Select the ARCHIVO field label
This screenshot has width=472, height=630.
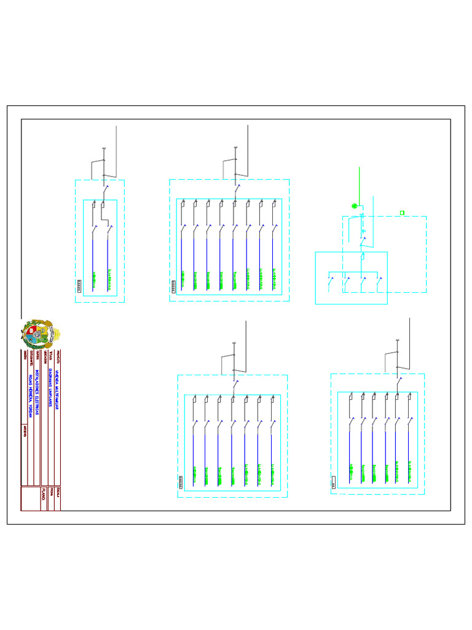[25, 430]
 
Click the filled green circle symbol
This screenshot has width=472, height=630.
[353, 206]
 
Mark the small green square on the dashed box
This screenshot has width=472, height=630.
[402, 213]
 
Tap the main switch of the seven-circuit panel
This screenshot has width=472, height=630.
[235, 384]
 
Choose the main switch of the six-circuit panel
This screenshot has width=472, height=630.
[398, 382]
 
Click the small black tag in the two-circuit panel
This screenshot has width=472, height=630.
[82, 284]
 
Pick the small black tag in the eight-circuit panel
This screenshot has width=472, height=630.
[177, 285]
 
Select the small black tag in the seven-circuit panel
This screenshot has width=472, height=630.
[181, 481]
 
